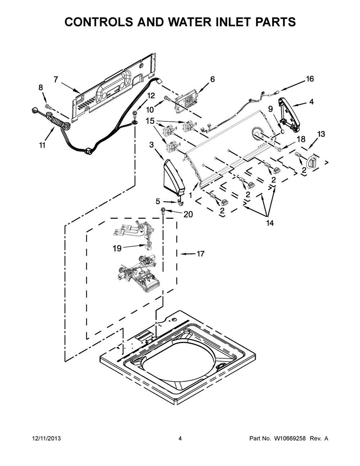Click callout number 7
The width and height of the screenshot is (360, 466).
[x=56, y=80]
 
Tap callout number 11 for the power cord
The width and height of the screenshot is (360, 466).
[x=42, y=145]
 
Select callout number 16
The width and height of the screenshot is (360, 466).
[x=310, y=79]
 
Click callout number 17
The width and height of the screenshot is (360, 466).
[x=200, y=254]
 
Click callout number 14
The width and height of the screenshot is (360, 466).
[x=270, y=223]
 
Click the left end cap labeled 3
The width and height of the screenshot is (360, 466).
[x=174, y=176]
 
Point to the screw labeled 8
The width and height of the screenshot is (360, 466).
[x=48, y=106]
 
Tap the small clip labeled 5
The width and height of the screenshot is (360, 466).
[x=180, y=202]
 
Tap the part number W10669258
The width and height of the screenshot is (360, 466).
[x=285, y=439]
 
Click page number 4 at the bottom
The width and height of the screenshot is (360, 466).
[x=180, y=439]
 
